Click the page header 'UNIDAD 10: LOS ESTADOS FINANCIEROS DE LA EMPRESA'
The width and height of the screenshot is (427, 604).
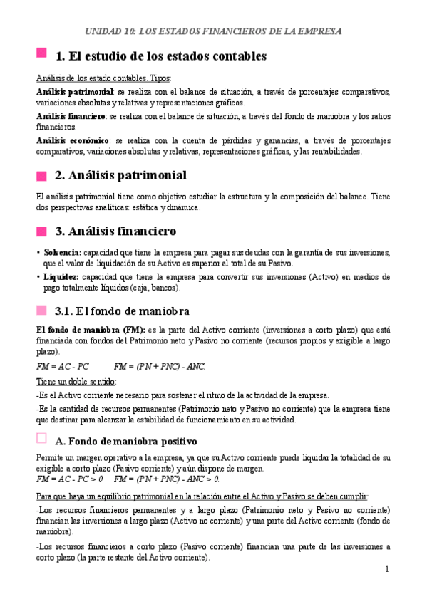tap(213, 31)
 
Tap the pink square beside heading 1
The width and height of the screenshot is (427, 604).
tap(41, 54)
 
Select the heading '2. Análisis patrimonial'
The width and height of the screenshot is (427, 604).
tap(120, 175)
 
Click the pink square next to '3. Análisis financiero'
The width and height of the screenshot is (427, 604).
tap(41, 231)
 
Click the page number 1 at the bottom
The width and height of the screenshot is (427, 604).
tap(386, 569)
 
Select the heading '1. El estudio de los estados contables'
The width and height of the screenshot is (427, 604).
tap(160, 56)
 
